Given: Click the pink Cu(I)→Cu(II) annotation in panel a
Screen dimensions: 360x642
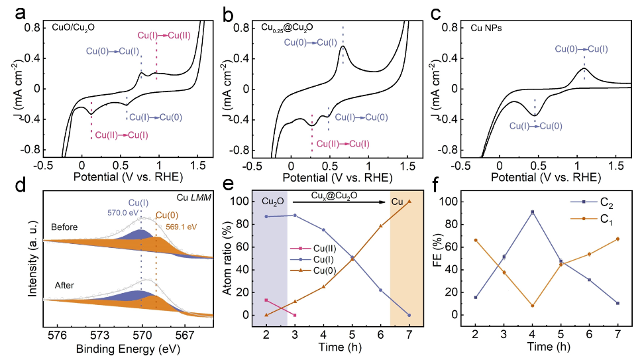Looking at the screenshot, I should (x=164, y=34).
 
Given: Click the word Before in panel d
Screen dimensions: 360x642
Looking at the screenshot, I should (x=64, y=227).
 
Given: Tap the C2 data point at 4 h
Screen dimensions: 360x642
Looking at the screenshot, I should (x=532, y=212).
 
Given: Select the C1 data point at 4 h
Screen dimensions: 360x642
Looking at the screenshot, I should (x=532, y=306).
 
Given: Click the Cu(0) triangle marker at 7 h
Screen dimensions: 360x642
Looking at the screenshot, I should (x=409, y=202).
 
